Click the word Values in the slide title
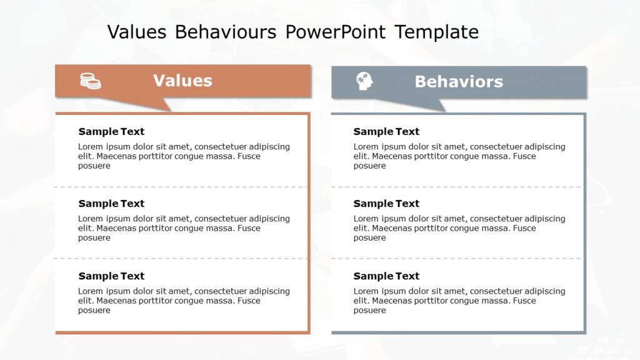point(137,32)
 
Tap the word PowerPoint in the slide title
point(335,32)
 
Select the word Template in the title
point(437,32)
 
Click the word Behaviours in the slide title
point(226,32)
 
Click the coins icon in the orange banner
point(91,81)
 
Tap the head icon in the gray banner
point(364,81)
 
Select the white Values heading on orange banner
point(182,81)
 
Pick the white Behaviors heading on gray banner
point(459,82)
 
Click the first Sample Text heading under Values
point(111,131)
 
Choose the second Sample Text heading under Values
point(111,203)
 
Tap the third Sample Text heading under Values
point(111,276)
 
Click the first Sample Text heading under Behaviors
point(386,131)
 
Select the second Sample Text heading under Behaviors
point(386,203)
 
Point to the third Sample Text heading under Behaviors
point(386,276)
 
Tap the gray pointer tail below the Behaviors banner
point(421,104)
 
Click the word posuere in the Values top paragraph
point(94,166)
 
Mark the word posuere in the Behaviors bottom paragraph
point(369,310)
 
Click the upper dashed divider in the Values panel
point(181,187)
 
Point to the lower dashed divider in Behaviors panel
point(457,258)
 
